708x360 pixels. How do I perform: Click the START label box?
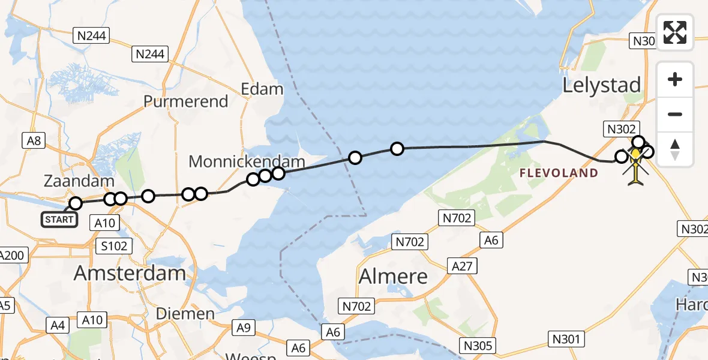pos(59,220)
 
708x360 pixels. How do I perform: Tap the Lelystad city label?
pos(602,85)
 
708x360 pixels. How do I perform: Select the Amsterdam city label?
pos(130,274)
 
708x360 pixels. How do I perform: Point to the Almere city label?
pos(393,277)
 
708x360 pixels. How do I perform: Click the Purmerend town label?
pos(186,101)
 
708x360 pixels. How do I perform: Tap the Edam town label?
pos(262,89)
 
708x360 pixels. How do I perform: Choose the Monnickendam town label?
pos(247,161)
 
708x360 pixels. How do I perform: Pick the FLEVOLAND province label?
pos(559,173)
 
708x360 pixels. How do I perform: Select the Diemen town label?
pos(185,313)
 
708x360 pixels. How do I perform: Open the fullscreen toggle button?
pos(675,32)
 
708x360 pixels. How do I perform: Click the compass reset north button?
pos(675,149)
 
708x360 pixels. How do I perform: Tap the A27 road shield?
pos(462,265)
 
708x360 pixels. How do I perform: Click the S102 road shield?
pos(113,246)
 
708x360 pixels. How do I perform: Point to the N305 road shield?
pos(478,345)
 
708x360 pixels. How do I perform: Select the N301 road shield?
pos(566,340)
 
